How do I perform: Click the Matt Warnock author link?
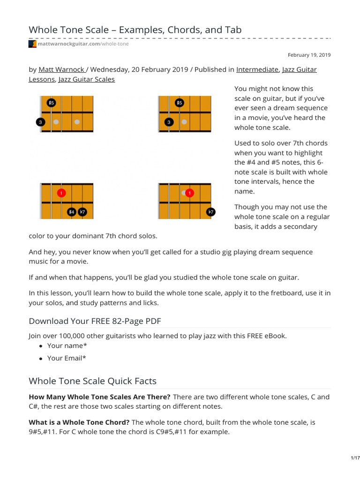pos(61,69)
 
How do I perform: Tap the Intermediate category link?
pos(257,69)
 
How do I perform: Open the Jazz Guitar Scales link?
pos(86,79)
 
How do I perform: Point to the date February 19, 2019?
pos(309,55)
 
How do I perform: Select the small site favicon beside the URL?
pos(32,44)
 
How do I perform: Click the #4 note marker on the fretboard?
pos(72,212)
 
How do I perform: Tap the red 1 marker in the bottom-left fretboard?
pos(61,193)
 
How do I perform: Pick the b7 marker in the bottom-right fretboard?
pos(211,212)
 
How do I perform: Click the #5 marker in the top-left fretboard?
pos(51,103)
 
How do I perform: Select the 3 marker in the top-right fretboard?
pos(169,122)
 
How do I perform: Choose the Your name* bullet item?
pos(67,346)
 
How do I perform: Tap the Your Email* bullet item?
pos(67,358)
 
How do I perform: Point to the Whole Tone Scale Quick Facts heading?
pos(93,381)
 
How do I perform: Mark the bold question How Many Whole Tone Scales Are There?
pos(100,397)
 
